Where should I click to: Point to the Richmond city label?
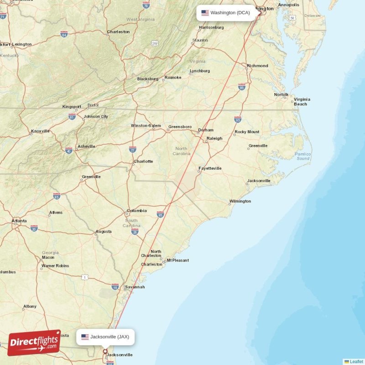[257, 66]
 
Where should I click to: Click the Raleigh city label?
[214, 138]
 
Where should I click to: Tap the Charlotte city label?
[143, 162]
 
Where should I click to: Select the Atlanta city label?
[20, 221]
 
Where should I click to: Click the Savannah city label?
[135, 287]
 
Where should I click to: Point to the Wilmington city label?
[240, 201]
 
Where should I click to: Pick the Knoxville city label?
[40, 131]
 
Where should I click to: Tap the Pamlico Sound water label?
[302, 156]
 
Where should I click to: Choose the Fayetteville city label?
[210, 168]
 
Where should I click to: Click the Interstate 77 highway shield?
[132, 149]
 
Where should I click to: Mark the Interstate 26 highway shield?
[135, 232]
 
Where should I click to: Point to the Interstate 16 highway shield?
[115, 287]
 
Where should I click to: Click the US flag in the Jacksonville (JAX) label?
[85, 337]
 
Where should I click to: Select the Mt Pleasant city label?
[177, 261]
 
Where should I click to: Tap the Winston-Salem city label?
[146, 125]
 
